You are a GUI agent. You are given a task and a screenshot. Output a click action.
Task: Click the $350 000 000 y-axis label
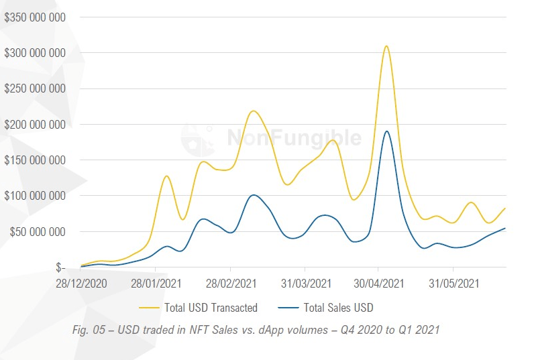click(x=35, y=17)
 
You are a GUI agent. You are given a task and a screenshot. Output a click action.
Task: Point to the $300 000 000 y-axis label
click(x=35, y=52)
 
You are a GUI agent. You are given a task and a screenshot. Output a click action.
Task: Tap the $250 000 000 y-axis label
click(x=35, y=88)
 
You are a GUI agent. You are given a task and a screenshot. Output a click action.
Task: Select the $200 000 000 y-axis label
click(x=35, y=124)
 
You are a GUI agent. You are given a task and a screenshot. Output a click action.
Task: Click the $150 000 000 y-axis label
click(x=35, y=160)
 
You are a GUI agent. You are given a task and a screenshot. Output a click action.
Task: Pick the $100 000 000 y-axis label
click(x=35, y=196)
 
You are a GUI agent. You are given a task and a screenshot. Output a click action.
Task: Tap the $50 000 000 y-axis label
click(x=37, y=232)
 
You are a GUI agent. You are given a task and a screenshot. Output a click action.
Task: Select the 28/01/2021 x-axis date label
click(x=156, y=284)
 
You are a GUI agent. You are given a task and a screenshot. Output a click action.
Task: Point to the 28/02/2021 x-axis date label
click(x=231, y=284)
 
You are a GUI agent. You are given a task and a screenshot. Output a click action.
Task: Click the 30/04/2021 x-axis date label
click(x=379, y=284)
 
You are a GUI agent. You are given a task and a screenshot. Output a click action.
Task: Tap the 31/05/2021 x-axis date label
click(x=453, y=284)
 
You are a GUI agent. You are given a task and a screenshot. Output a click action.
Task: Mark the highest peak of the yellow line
click(x=386, y=46)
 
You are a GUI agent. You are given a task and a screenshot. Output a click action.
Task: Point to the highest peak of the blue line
click(x=387, y=131)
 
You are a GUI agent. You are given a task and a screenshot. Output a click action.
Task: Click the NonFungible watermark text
click(x=293, y=137)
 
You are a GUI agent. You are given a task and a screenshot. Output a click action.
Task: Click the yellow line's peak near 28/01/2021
click(x=166, y=176)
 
